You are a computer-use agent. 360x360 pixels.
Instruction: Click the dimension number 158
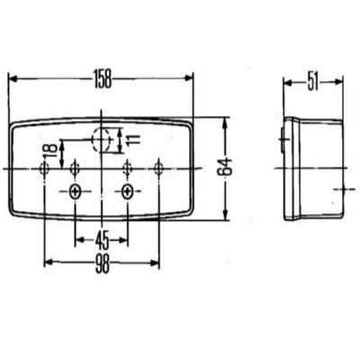coord(101,80)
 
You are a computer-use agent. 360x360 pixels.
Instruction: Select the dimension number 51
coord(312,82)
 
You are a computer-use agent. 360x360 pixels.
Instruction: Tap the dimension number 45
coord(103,239)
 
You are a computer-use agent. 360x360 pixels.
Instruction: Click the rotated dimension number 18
coord(49,149)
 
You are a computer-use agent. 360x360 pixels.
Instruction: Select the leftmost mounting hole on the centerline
coord(45,168)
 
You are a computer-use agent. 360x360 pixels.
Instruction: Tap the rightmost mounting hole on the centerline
coord(159,168)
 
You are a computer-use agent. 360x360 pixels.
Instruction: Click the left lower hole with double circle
coord(75,191)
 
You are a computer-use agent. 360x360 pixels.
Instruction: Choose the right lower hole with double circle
coord(130,191)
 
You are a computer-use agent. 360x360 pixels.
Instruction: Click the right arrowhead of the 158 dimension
coord(190,79)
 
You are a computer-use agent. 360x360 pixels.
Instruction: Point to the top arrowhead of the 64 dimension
coord(225,119)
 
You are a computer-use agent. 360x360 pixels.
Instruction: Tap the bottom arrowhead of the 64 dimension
coord(225,216)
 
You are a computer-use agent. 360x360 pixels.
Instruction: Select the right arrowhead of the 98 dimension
coord(157,262)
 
